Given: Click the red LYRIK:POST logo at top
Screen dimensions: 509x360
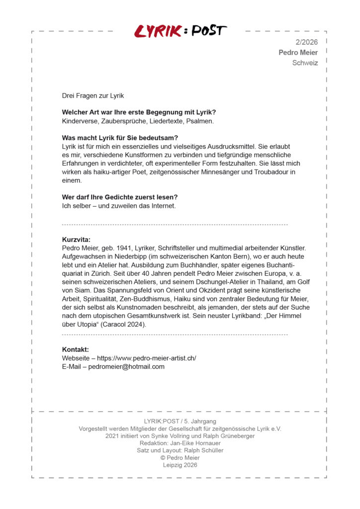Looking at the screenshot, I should pos(180,31).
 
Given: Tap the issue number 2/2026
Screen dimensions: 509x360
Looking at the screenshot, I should pos(306,42).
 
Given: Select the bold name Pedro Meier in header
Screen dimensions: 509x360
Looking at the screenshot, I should pos(298,53).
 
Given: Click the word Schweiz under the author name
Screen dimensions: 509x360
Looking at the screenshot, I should pos(305,63).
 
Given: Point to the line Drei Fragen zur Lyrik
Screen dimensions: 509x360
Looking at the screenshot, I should pos(93,95).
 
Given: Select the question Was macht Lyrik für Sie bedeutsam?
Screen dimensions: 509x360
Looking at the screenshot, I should pos(120,138).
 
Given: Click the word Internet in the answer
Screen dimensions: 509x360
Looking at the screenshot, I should pos(161,205).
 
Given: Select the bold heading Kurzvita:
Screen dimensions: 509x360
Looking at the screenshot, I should pos(76,240).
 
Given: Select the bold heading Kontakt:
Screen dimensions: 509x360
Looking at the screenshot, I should pos(75,349).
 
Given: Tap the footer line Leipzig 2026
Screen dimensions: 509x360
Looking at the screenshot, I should pos(180,465).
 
